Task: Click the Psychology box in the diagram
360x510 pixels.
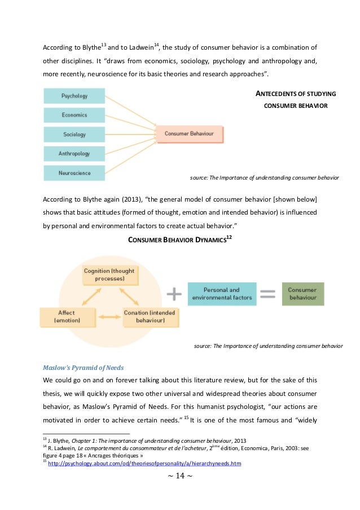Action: point(74,96)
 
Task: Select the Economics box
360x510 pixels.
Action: point(74,115)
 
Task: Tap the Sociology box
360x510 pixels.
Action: point(74,134)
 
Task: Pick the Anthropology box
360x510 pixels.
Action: point(74,154)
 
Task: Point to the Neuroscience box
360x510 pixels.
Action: point(74,173)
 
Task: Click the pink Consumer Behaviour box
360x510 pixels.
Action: point(190,134)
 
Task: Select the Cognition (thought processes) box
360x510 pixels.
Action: point(109,274)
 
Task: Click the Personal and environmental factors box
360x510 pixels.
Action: point(221,294)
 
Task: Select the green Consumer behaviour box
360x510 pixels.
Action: point(303,294)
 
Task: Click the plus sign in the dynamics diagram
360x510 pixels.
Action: point(174,294)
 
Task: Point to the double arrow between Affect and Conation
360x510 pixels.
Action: point(108,318)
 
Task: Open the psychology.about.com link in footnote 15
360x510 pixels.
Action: point(145,463)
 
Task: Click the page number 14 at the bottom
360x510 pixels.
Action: point(179,476)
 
